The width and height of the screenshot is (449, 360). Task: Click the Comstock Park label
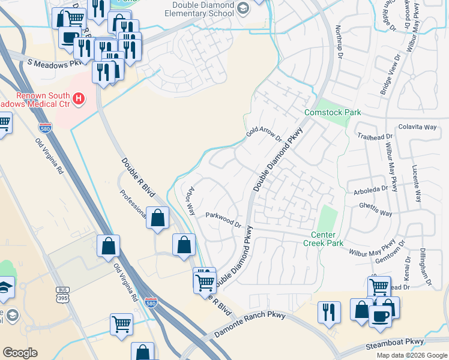click(x=333, y=112)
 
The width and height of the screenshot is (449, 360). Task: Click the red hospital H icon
click(x=78, y=98)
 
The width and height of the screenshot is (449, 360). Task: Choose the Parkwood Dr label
click(x=223, y=220)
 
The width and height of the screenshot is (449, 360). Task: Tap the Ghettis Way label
click(x=375, y=214)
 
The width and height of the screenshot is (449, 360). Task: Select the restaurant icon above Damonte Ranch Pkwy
click(x=329, y=312)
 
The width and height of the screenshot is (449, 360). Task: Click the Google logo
click(x=20, y=353)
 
